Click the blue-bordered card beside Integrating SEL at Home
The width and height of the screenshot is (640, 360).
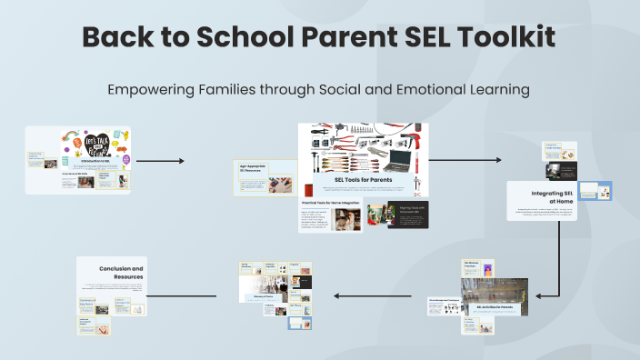point(596,192)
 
